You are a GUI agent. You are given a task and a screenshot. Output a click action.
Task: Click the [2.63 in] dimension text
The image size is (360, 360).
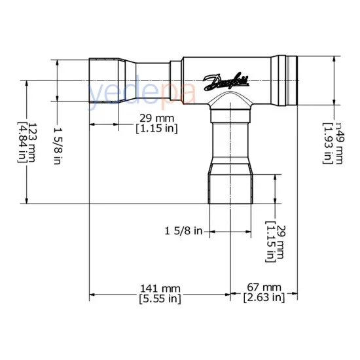(263, 299)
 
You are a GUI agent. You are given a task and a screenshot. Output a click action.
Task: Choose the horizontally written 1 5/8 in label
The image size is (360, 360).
(184, 230)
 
